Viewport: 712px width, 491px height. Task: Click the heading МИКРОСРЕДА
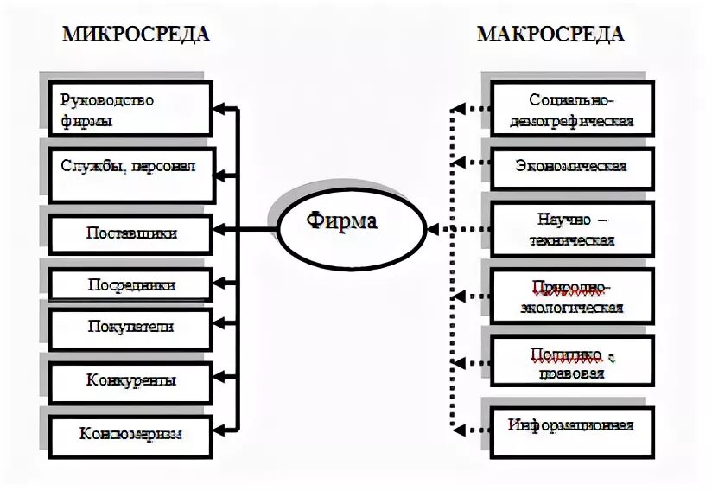click(x=135, y=35)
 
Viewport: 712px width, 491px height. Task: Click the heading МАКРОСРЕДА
click(x=550, y=35)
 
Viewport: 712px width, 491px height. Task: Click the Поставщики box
click(x=130, y=233)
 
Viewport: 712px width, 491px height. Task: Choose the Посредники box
click(x=130, y=284)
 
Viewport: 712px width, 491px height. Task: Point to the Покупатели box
click(x=130, y=327)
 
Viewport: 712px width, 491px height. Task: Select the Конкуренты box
click(x=130, y=379)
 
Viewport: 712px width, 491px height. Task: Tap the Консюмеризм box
click(x=130, y=434)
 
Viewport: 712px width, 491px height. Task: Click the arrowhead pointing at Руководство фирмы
click(x=218, y=110)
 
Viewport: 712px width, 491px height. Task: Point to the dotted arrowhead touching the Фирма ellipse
click(x=433, y=230)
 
